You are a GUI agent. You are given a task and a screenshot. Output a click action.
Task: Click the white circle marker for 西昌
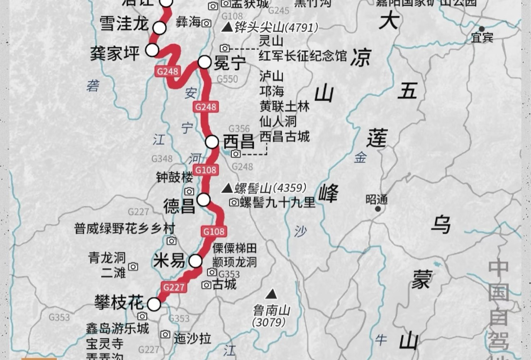click(x=212, y=142)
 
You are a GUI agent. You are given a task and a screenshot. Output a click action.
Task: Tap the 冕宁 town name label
click(x=230, y=63)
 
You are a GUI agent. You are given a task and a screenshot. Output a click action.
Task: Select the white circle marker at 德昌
click(x=203, y=200)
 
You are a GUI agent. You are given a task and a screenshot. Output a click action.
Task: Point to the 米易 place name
click(x=169, y=261)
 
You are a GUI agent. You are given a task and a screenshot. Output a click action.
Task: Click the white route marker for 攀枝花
click(x=154, y=304)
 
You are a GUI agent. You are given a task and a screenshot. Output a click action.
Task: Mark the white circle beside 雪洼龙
click(x=160, y=28)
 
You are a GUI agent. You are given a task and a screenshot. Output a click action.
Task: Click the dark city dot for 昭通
click(x=378, y=209)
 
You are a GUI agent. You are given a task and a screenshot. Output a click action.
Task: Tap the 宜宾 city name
click(x=482, y=38)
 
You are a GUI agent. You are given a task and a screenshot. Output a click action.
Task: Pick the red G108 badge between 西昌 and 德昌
click(x=206, y=170)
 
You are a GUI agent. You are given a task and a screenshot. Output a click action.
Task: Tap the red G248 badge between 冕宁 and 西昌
click(x=206, y=107)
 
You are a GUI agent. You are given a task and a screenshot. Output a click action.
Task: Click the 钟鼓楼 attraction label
click(x=175, y=178)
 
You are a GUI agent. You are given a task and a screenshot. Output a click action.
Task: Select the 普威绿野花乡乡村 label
click(x=119, y=228)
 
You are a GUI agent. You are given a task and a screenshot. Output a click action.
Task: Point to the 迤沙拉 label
click(x=192, y=338)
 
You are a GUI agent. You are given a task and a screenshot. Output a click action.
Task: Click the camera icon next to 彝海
click(x=206, y=23)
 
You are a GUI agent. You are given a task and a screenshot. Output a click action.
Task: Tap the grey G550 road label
click(x=227, y=79)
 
